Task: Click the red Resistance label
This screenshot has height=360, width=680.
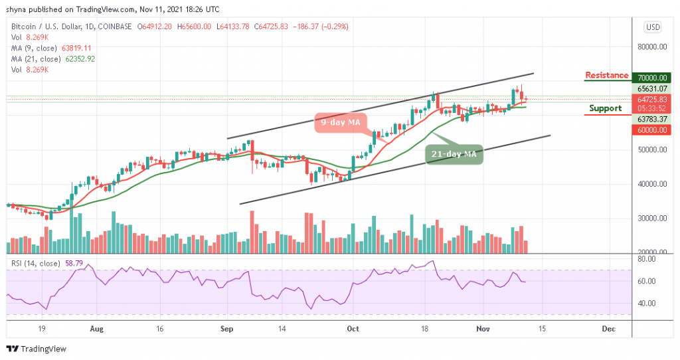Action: click(606, 75)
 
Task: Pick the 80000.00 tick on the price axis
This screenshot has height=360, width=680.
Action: click(650, 47)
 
